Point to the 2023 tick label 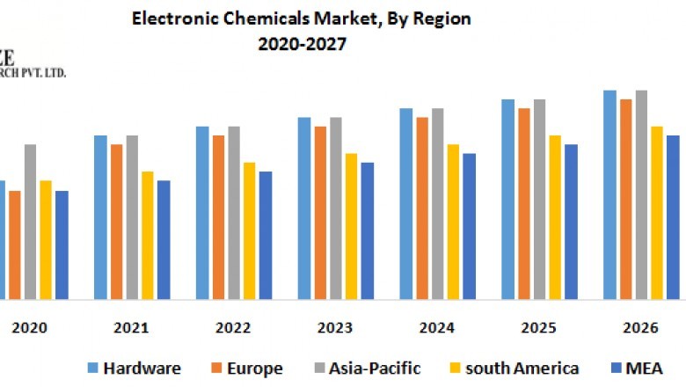(x=335, y=328)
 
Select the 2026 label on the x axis (x=641, y=328)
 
